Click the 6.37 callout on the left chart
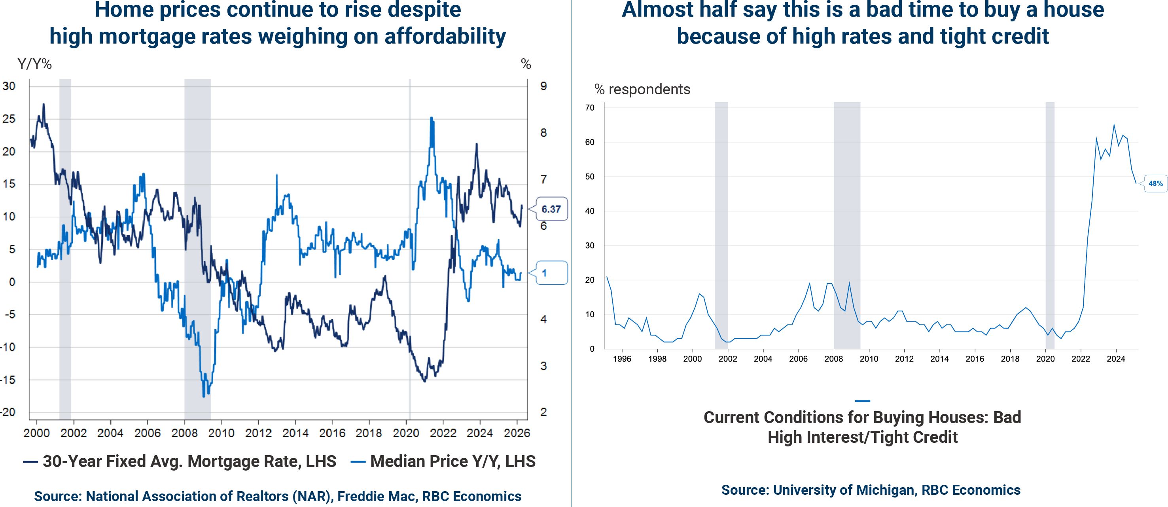[x=551, y=209]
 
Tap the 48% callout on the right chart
[x=1155, y=183]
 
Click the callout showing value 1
[x=551, y=273]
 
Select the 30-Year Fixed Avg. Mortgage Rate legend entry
[x=180, y=461]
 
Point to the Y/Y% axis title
[x=34, y=64]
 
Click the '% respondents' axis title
[x=642, y=90]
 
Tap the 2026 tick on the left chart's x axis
[x=517, y=433]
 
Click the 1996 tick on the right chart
[x=622, y=358]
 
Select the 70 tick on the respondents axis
[x=589, y=108]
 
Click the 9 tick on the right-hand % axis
[x=543, y=86]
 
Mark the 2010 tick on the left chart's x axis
[x=221, y=433]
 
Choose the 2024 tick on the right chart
[x=1116, y=358]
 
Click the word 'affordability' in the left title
[x=445, y=36]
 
